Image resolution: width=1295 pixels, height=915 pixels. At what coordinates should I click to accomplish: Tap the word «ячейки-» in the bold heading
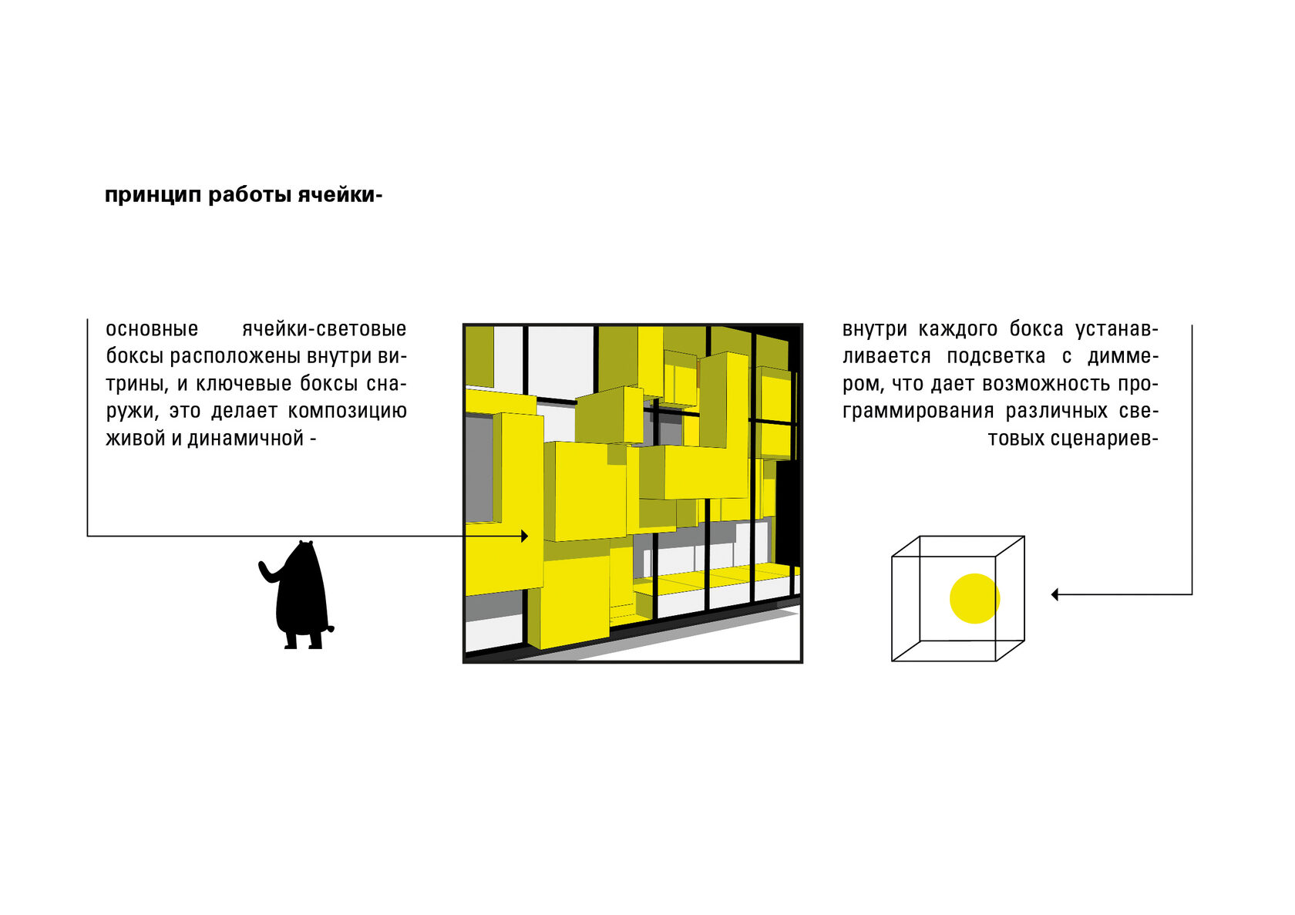[341, 195]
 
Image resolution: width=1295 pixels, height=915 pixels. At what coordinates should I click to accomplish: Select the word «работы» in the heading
[251, 195]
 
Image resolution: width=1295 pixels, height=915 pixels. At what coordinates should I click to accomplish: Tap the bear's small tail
[331, 628]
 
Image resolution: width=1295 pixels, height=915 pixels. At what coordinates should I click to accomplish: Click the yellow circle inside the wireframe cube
[974, 599]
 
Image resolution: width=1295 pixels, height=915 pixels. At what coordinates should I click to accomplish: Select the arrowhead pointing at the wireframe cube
[1054, 594]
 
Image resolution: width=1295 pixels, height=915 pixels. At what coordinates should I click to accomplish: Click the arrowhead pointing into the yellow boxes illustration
[524, 536]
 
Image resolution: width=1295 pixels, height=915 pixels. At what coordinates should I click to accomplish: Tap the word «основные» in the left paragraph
[152, 329]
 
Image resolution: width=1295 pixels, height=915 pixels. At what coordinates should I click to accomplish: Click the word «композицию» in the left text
[348, 412]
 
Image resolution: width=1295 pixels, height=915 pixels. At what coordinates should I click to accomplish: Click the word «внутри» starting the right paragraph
[874, 329]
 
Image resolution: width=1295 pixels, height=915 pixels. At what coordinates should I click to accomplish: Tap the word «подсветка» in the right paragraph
[996, 357]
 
